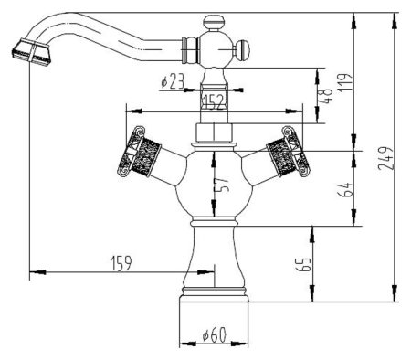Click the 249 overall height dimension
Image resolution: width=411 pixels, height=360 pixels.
[x=386, y=158]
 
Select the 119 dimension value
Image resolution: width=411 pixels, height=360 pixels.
[x=346, y=81]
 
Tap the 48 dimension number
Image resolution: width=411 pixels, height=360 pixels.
[x=325, y=97]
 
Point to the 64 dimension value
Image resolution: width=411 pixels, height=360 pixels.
[x=345, y=189]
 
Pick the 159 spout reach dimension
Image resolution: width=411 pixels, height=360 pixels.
[x=121, y=263]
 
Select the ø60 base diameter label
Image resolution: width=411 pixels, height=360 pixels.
[x=215, y=334]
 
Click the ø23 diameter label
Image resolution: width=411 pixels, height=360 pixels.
[x=172, y=81]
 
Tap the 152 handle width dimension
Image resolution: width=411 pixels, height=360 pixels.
[x=215, y=101]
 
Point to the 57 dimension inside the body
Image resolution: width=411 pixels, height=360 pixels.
[x=223, y=184]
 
